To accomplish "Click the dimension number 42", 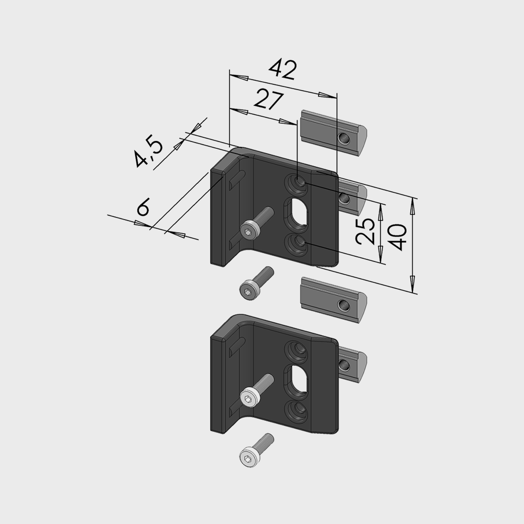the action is pyautogui.click(x=283, y=70).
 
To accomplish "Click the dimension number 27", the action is pyautogui.click(x=269, y=99).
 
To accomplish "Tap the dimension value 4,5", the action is pyautogui.click(x=148, y=152).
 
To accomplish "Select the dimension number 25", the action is pyautogui.click(x=365, y=231).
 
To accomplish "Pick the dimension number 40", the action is pyautogui.click(x=398, y=237).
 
